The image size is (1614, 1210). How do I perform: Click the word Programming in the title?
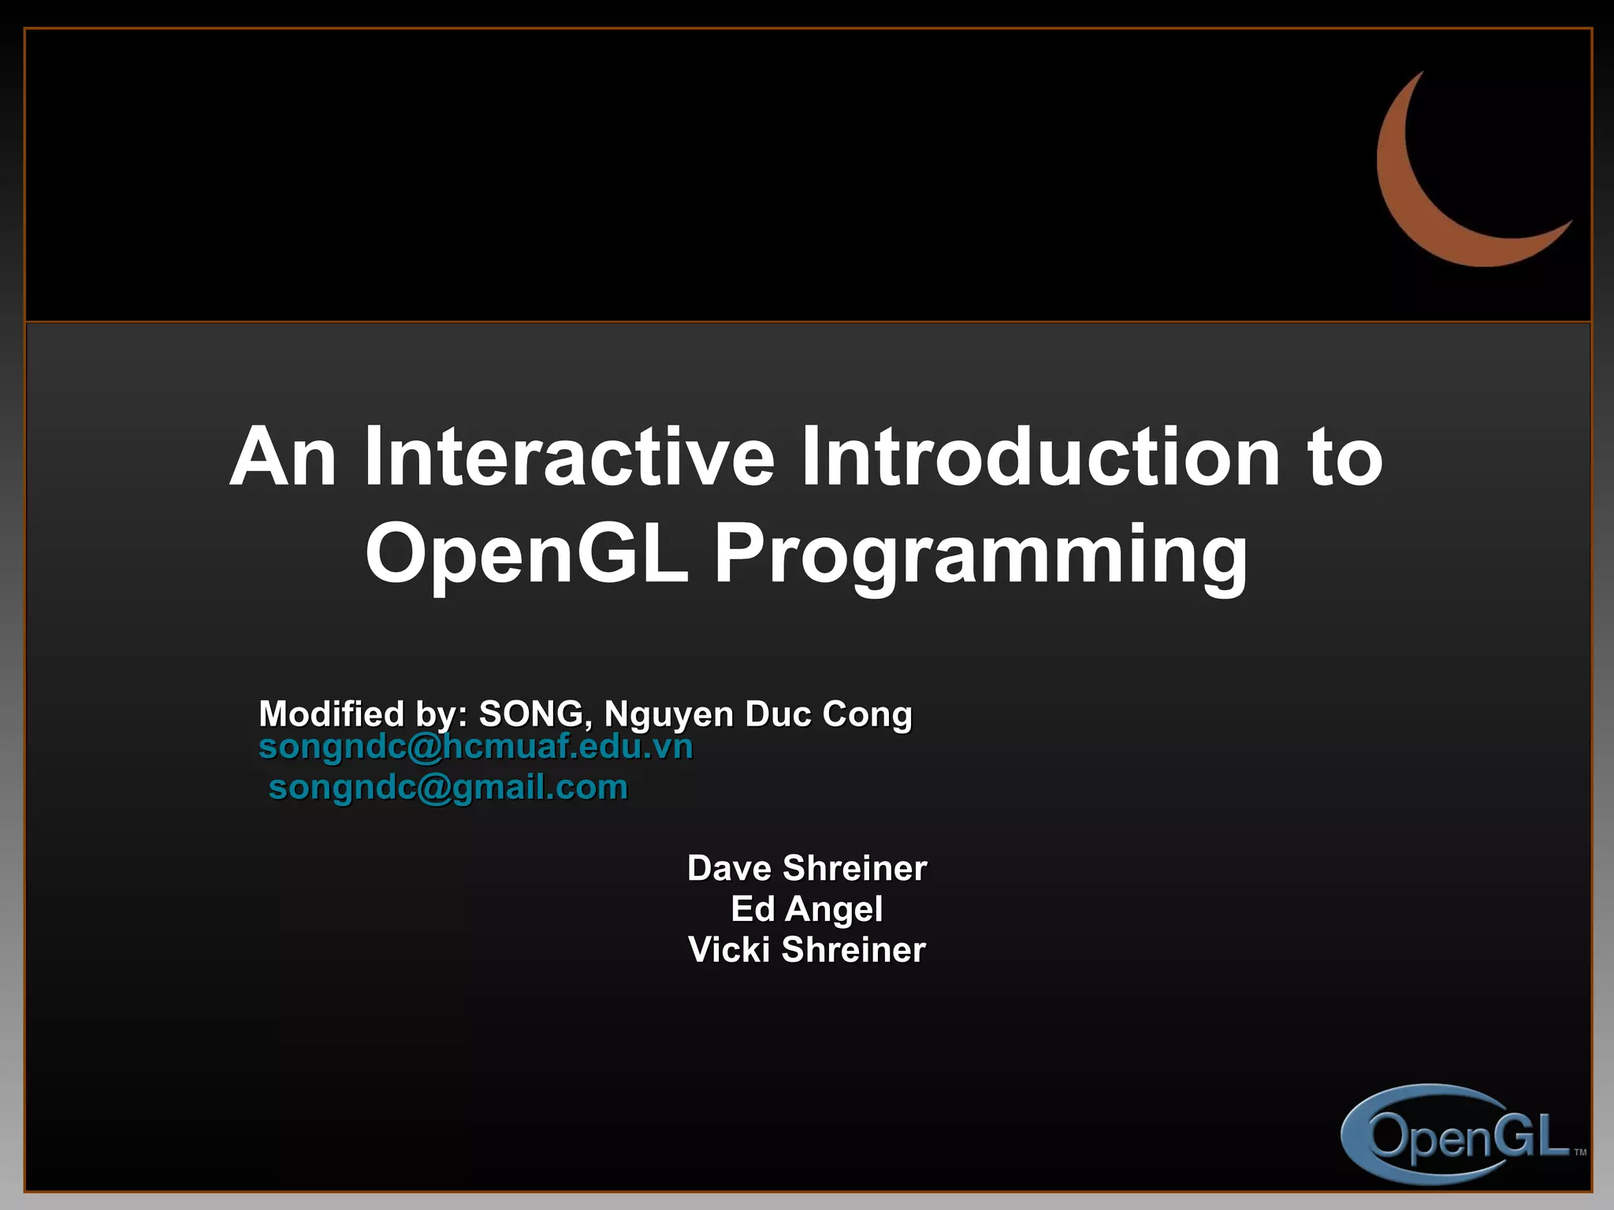coord(981,556)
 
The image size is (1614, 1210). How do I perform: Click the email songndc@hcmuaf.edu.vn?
coord(476,747)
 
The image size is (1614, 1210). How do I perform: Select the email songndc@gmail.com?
coord(448,787)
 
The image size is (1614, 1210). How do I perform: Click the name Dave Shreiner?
coord(807,868)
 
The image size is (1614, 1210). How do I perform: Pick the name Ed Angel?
coord(807,909)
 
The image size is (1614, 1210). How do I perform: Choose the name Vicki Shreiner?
coord(807,949)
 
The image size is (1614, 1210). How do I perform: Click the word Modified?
coord(331,714)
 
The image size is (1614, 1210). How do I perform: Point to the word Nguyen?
coord(668,715)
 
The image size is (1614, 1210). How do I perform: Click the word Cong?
coord(867,715)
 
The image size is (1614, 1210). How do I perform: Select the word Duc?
coord(777,714)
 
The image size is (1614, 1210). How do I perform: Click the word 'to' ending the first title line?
coord(1344,458)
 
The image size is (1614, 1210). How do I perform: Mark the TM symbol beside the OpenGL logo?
coord(1580,1152)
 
